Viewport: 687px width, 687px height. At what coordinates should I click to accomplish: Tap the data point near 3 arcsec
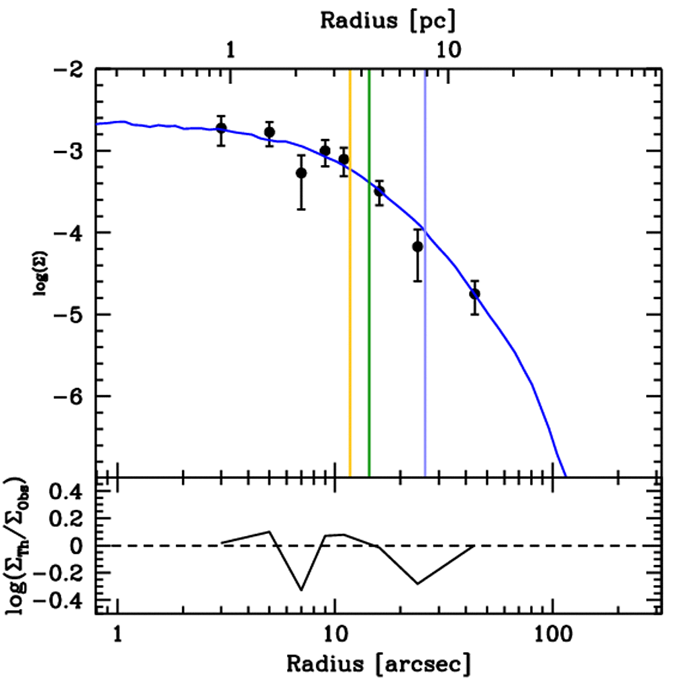[221, 128]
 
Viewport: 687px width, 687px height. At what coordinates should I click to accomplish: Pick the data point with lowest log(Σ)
[474, 293]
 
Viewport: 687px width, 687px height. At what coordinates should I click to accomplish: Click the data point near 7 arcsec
[301, 173]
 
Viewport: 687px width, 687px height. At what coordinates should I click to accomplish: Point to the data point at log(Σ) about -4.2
[417, 246]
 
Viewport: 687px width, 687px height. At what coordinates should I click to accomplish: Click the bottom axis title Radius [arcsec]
[378, 664]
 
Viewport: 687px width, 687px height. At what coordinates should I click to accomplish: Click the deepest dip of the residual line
[301, 590]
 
